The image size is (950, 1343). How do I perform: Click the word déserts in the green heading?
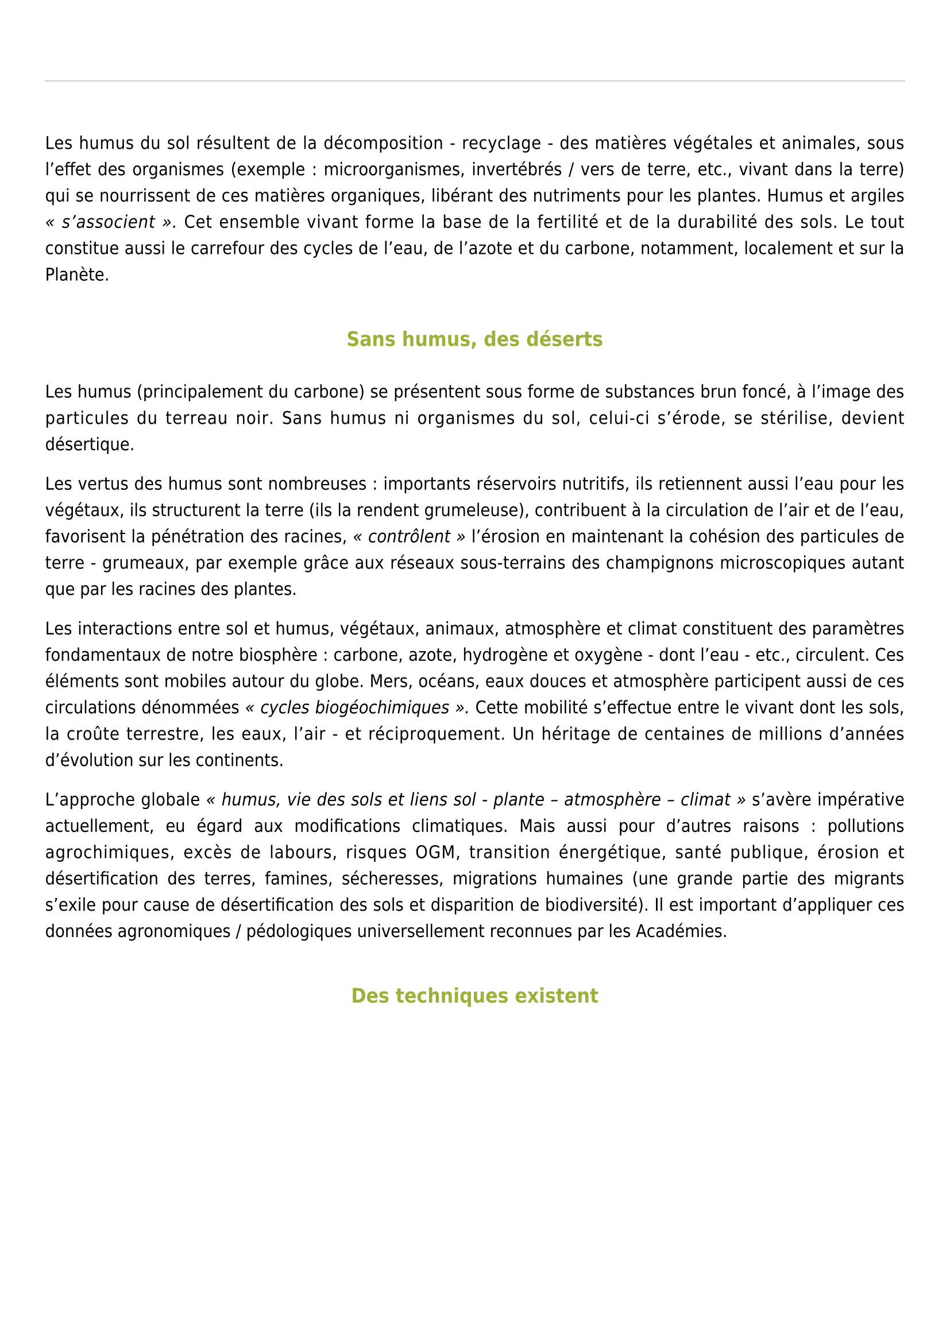pyautogui.click(x=572, y=339)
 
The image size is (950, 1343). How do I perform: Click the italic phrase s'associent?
pyautogui.click(x=108, y=222)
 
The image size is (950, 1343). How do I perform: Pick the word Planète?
pyautogui.click(x=76, y=275)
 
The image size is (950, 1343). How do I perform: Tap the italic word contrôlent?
pyautogui.click(x=409, y=537)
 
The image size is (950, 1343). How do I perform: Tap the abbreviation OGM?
pyautogui.click(x=435, y=853)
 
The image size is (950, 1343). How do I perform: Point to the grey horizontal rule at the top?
pyautogui.click(x=474, y=81)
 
